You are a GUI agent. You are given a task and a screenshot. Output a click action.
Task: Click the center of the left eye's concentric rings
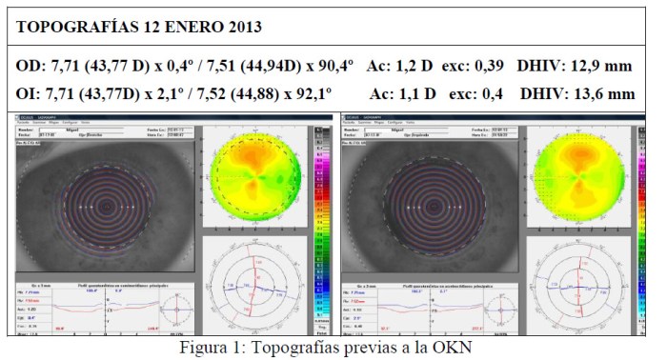point(107,204)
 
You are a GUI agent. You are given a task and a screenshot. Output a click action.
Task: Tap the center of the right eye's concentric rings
point(429,204)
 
